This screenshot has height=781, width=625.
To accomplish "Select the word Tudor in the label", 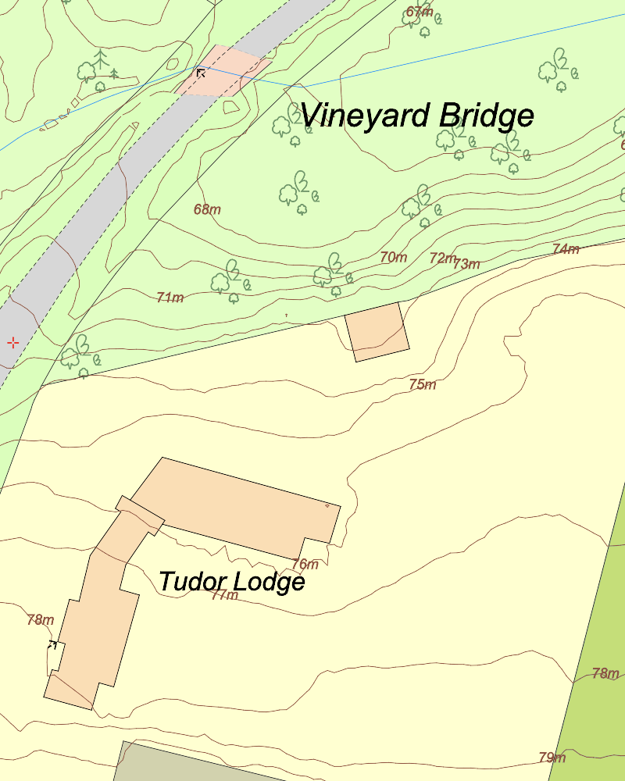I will [189, 582].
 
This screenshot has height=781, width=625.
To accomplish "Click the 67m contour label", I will [420, 12].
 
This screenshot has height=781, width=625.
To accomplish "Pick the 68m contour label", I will [207, 209].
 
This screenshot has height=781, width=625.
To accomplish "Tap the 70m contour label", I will [394, 257].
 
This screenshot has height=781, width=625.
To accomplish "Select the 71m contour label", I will [170, 297].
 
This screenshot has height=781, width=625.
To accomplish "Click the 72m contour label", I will [442, 258].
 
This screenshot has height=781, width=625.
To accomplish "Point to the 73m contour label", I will [466, 264].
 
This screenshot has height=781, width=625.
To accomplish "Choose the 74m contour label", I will [566, 249].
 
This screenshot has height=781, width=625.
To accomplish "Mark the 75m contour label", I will [423, 384].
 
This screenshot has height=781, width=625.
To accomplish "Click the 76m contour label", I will [305, 564].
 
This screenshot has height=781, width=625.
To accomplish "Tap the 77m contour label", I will [224, 595].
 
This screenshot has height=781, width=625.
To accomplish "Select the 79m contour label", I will [552, 758].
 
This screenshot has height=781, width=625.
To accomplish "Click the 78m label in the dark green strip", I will [605, 673].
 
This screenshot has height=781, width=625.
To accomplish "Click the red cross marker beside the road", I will [13, 342].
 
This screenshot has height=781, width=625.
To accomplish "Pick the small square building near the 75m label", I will [377, 332].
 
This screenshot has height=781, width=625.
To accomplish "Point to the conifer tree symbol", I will [100, 60].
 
